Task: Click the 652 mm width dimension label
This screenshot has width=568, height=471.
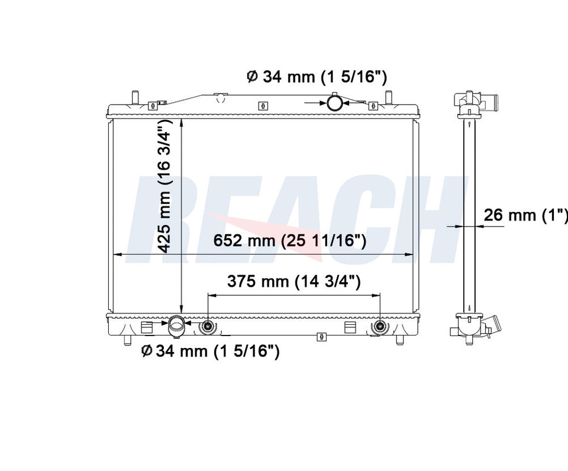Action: [289, 240]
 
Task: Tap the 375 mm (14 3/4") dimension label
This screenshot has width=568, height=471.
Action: [294, 281]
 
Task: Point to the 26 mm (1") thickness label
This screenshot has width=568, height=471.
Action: [525, 215]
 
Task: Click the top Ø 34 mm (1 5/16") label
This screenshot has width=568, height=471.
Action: [317, 77]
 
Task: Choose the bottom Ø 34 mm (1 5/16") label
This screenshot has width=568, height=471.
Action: [210, 351]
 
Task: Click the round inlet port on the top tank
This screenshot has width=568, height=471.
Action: [334, 102]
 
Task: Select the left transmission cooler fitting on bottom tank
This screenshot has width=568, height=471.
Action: [208, 326]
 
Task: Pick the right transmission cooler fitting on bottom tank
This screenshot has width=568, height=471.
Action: [380, 326]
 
